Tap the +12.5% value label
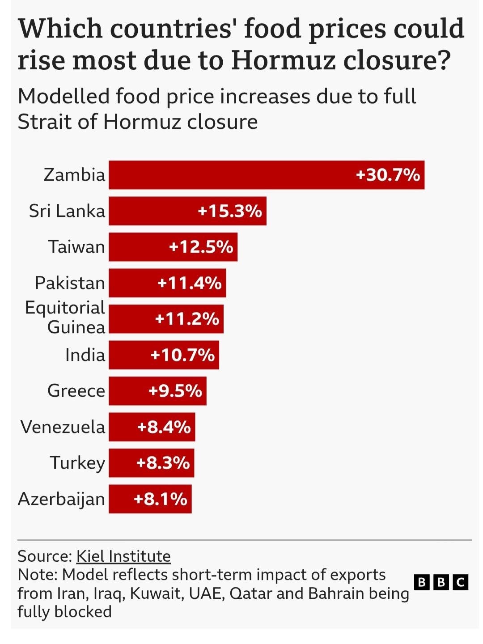pyautogui.click(x=201, y=247)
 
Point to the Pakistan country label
pyautogui.click(x=70, y=283)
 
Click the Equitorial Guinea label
pyautogui.click(x=65, y=318)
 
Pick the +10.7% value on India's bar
pyautogui.click(x=182, y=355)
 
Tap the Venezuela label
pyautogui.click(x=63, y=427)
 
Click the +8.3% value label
pyautogui.click(x=163, y=463)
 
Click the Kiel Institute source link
pyautogui.click(x=123, y=556)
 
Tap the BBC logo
pyautogui.click(x=441, y=582)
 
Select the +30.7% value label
pyautogui.click(x=388, y=175)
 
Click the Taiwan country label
pyautogui.click(x=76, y=247)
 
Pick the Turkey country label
pyautogui.click(x=77, y=463)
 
